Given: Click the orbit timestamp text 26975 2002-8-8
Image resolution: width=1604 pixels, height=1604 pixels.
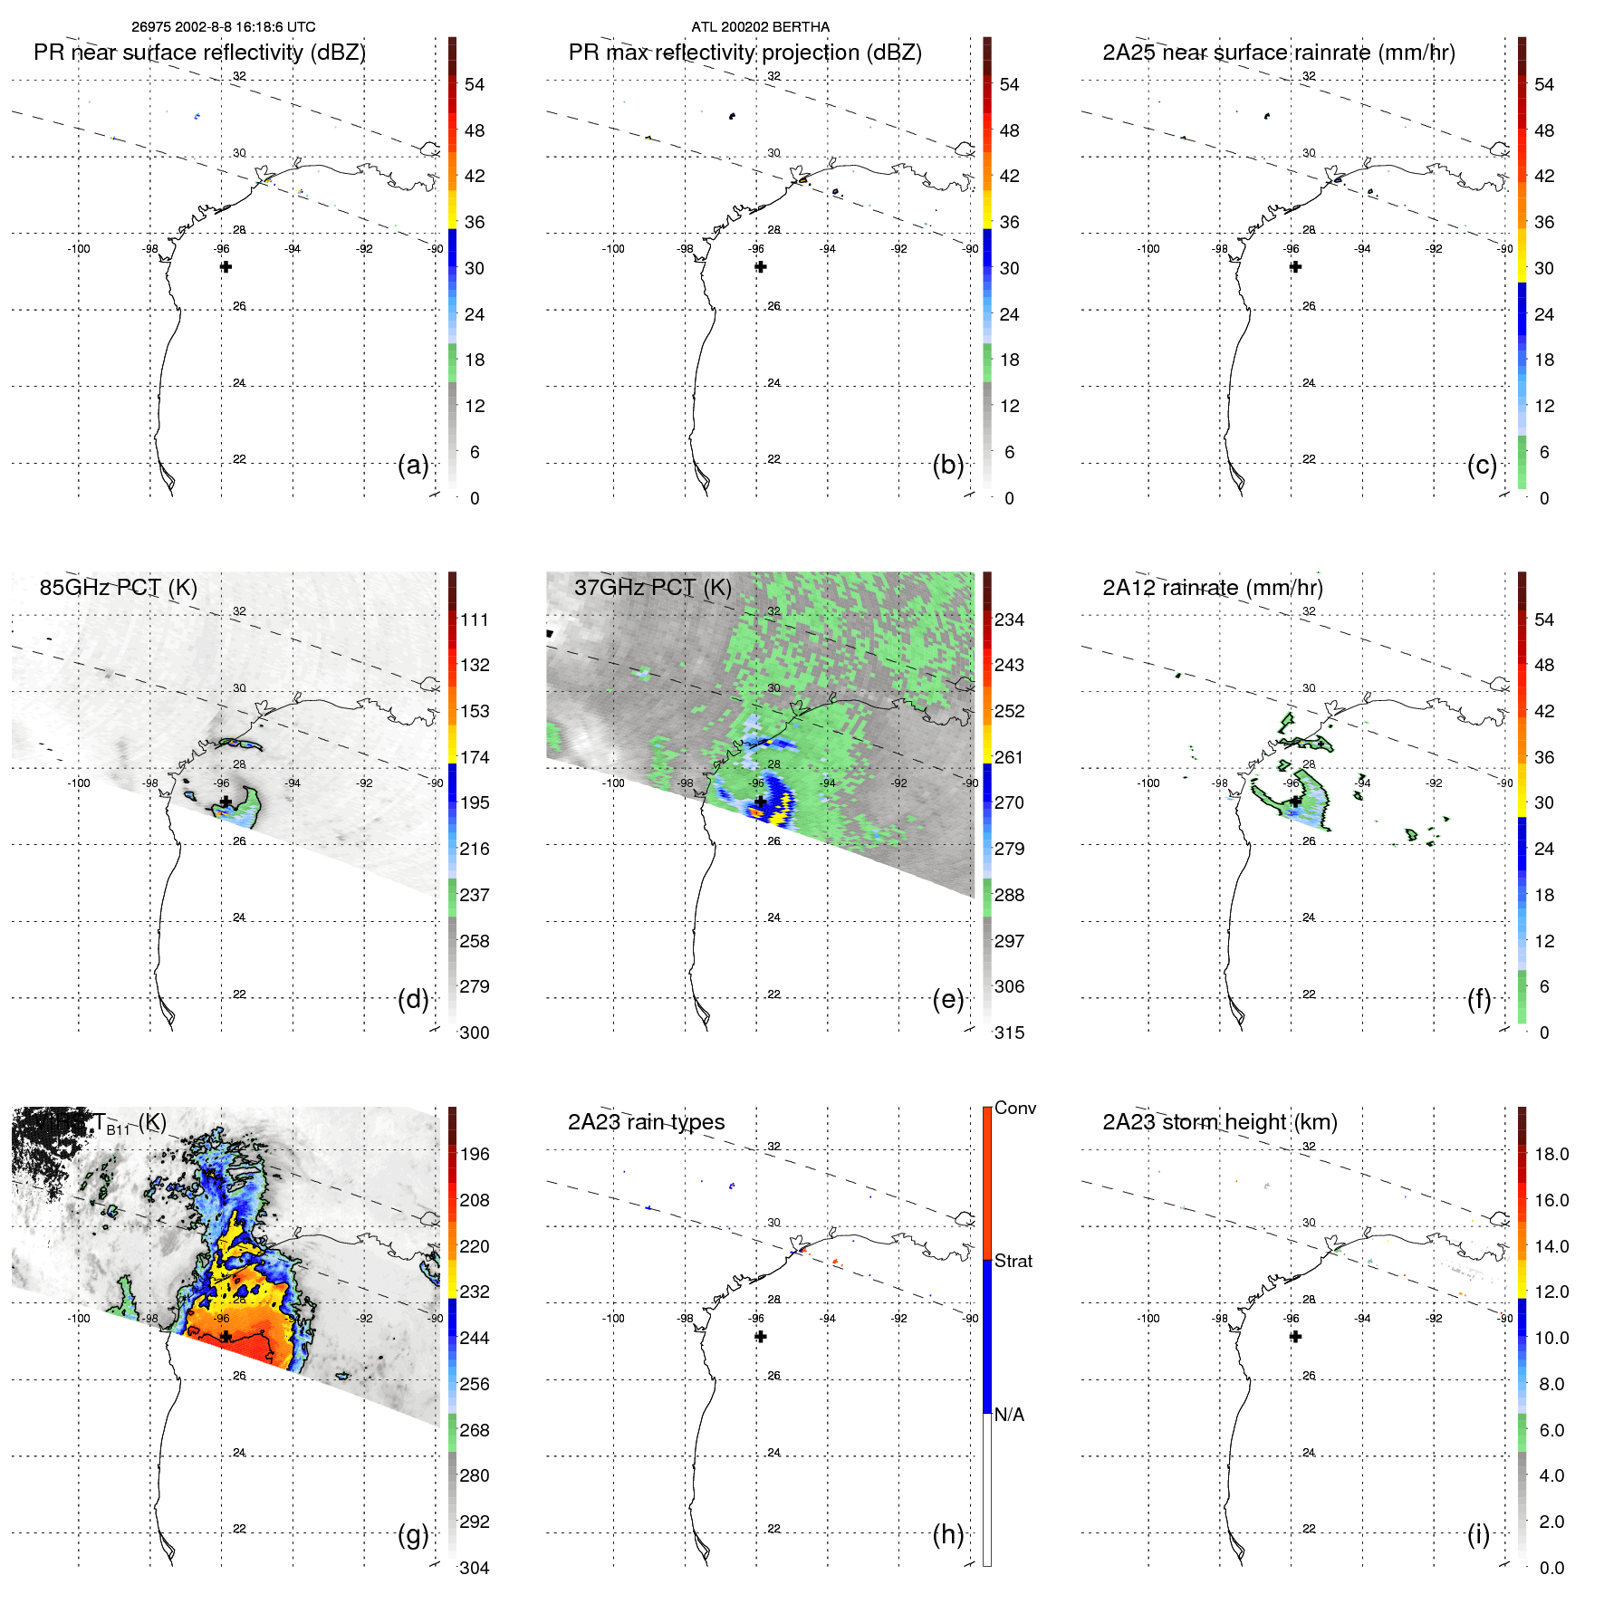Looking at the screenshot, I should pyautogui.click(x=223, y=27).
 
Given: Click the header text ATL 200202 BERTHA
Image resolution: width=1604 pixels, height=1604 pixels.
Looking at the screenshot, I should pyautogui.click(x=760, y=27).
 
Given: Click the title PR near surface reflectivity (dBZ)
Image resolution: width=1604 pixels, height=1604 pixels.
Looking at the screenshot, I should pyautogui.click(x=199, y=53).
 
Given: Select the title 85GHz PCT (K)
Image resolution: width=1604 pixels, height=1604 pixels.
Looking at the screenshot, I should pyautogui.click(x=118, y=587).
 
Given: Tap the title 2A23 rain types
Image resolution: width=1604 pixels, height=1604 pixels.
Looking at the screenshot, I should pyautogui.click(x=646, y=1122).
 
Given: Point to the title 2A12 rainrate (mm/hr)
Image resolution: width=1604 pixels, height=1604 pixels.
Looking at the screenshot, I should pyautogui.click(x=1212, y=587).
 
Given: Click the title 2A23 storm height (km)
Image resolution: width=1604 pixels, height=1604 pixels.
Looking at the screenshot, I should pyautogui.click(x=1219, y=1122).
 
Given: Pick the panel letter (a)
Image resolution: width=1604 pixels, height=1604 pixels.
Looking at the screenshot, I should pyautogui.click(x=413, y=465).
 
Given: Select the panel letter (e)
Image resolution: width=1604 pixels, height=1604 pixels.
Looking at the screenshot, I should pyautogui.click(x=947, y=999).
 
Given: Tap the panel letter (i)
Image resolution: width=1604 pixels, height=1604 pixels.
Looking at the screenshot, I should pyautogui.click(x=1478, y=1534).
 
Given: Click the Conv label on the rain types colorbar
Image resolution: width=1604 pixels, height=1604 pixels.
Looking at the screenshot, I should pyautogui.click(x=1014, y=1108).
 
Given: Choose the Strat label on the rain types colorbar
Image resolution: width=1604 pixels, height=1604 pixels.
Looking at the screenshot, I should pyautogui.click(x=1013, y=1261).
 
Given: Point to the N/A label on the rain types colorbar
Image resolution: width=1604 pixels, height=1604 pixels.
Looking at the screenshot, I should pyautogui.click(x=1009, y=1415).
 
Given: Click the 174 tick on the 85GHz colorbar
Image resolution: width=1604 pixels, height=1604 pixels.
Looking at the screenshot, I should pyautogui.click(x=475, y=757).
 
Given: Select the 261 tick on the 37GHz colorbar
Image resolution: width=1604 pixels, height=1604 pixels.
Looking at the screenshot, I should pyautogui.click(x=1009, y=757).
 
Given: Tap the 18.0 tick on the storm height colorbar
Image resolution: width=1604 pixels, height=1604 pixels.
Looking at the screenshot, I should pyautogui.click(x=1551, y=1154).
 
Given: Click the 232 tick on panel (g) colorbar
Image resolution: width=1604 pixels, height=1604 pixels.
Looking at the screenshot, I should pyautogui.click(x=474, y=1292).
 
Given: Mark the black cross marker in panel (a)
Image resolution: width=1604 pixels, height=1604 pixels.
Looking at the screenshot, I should pyautogui.click(x=226, y=266).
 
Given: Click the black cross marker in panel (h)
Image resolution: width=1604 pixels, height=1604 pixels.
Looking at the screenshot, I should pyautogui.click(x=761, y=1337).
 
